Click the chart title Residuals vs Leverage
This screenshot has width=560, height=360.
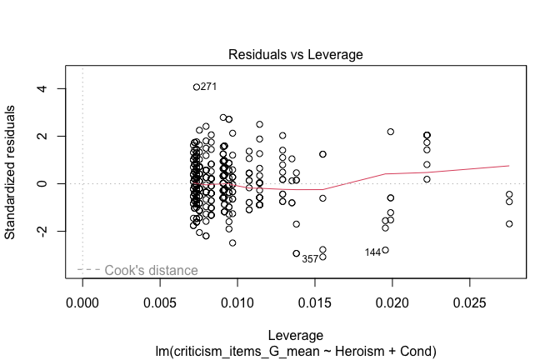click(297, 55)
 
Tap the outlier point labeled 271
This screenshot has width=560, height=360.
click(197, 87)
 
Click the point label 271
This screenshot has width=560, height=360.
click(209, 87)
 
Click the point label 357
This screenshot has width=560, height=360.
click(310, 259)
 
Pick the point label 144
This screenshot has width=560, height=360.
click(372, 252)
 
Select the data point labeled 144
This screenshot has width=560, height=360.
click(385, 250)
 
